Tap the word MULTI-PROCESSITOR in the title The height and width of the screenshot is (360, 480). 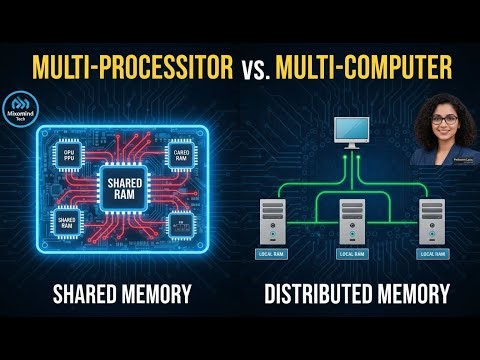133,68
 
